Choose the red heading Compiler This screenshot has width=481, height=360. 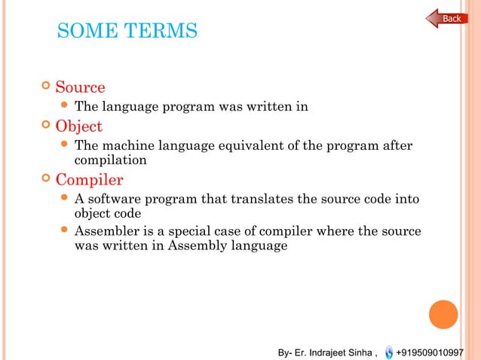pos(89,180)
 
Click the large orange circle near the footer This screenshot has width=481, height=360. pos(444,314)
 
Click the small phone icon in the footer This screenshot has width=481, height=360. pos(388,352)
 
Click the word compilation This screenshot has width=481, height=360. pos(110,160)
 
